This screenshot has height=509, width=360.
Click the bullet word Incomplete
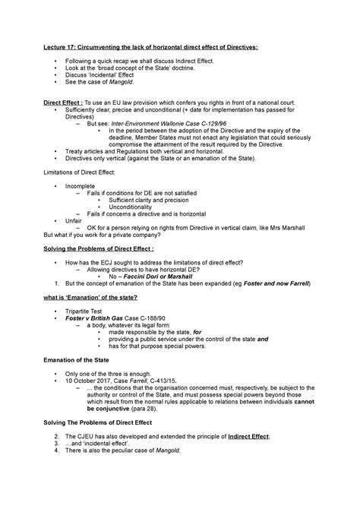pos(80,186)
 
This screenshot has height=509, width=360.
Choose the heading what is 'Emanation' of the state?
pos(93,297)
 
